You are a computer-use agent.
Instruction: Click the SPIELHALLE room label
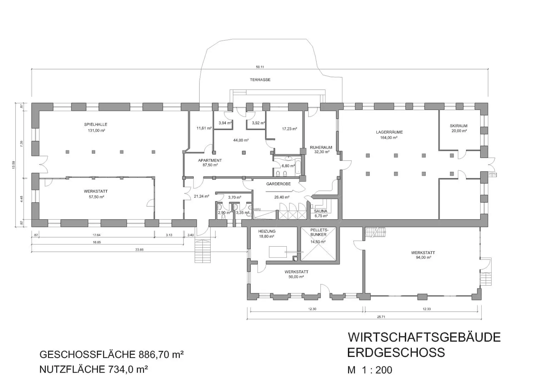[96, 125]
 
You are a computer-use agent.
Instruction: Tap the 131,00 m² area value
[96, 131]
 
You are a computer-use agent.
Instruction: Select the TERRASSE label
[260, 80]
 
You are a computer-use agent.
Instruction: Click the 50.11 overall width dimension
[260, 67]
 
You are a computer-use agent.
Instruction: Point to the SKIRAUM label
[458, 126]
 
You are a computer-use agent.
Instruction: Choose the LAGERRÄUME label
[389, 132]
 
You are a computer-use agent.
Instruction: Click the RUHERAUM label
[321, 147]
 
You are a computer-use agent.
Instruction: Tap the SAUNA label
[321, 211]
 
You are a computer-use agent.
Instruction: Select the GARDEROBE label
[278, 184]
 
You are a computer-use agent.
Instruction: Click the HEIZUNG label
[267, 231]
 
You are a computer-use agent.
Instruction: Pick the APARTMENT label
[210, 160]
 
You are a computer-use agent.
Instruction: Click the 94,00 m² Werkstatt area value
[424, 257]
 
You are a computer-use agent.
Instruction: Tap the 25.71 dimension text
[381, 317]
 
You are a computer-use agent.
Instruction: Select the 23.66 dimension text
[139, 250]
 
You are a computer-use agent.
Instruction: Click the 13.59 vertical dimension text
[14, 165]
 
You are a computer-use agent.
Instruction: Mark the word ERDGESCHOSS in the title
[396, 353]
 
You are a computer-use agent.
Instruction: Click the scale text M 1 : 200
[370, 370]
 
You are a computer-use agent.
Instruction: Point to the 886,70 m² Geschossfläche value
[161, 355]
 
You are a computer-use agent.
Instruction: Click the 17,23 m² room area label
[289, 129]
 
